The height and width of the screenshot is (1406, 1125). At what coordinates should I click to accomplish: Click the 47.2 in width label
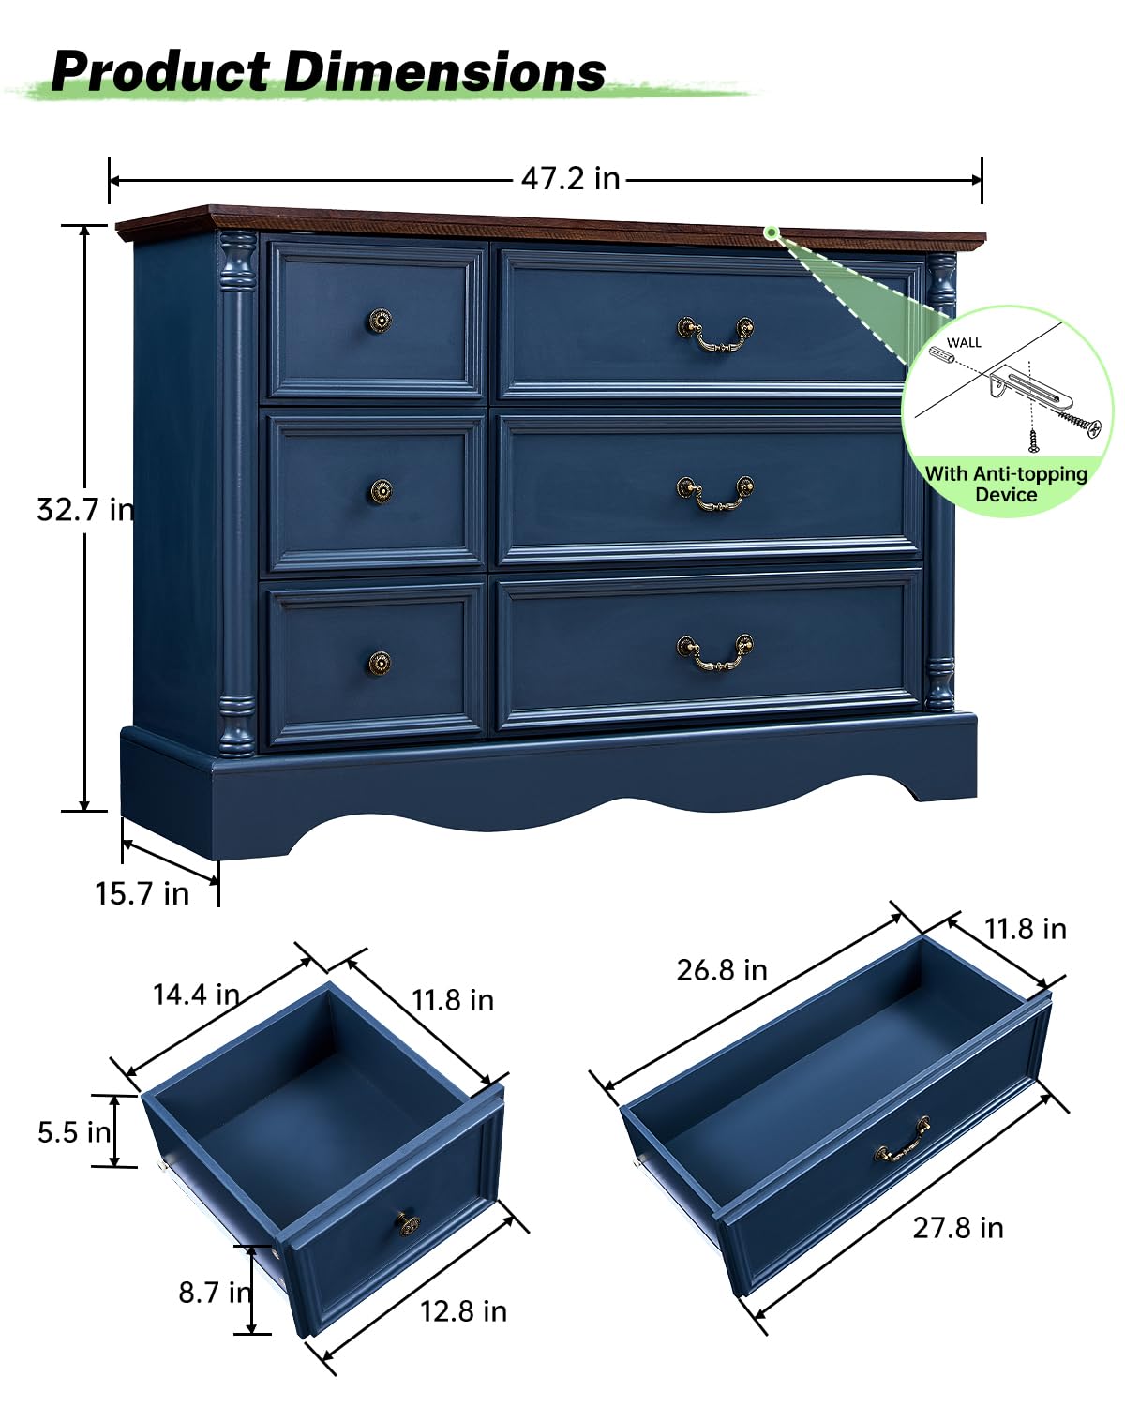[x=571, y=178]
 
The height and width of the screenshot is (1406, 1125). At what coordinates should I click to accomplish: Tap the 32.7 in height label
[x=85, y=510]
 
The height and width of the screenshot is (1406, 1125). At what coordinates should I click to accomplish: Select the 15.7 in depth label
[x=142, y=893]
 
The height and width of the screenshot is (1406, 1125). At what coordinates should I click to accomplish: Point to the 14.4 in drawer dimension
[x=196, y=995]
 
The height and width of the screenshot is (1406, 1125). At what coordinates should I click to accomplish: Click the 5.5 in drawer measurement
[x=74, y=1132]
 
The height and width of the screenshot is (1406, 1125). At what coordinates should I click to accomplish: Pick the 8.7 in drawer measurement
[x=215, y=1293]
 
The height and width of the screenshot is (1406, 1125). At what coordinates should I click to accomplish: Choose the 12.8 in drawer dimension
[x=463, y=1310]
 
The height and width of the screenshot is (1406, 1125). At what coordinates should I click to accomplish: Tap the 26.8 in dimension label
[x=722, y=970]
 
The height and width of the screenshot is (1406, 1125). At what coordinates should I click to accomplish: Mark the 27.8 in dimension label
[x=958, y=1228]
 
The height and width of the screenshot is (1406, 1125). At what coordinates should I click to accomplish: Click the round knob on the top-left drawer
[x=379, y=321]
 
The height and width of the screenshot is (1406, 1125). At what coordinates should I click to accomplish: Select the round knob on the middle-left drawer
[x=380, y=491]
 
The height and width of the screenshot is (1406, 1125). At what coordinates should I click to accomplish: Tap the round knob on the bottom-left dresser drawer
[x=379, y=664]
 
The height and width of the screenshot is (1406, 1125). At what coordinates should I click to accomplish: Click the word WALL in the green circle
[x=964, y=342]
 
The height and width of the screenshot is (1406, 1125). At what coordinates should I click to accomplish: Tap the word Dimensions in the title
[x=444, y=72]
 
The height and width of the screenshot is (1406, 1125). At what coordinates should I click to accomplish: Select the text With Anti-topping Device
[x=1006, y=484]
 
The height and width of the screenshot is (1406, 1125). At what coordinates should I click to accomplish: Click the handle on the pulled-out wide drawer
[x=902, y=1140]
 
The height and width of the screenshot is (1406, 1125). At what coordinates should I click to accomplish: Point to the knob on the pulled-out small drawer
[x=408, y=1223]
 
